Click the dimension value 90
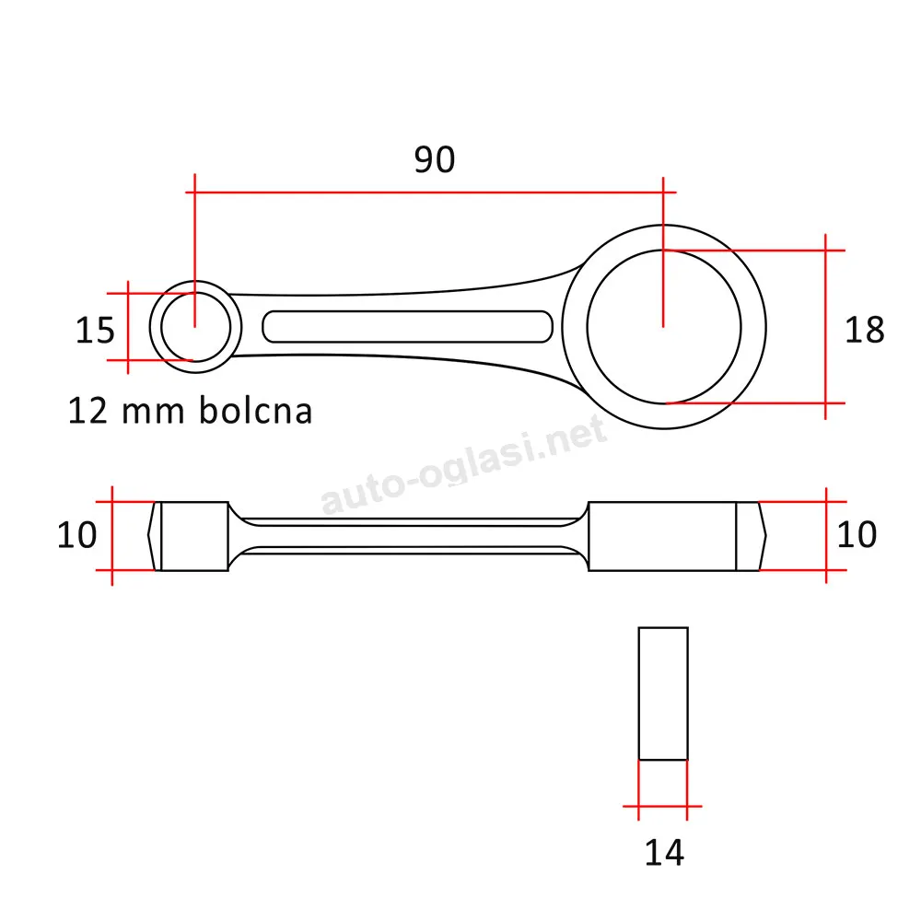(434, 159)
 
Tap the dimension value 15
(95, 330)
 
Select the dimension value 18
(864, 330)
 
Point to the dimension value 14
(664, 853)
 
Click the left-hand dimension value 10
(76, 535)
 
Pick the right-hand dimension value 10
(857, 534)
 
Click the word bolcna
(255, 410)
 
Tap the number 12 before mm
(88, 411)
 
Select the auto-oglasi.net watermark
(463, 464)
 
